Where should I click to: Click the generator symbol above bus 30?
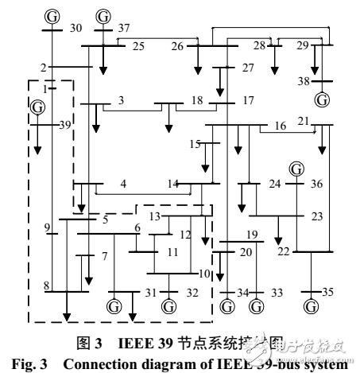click(52, 16)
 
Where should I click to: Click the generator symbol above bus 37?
click(103, 16)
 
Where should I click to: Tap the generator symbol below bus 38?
click(322, 100)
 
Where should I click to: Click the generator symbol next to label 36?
click(296, 169)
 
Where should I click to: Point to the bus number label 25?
click(138, 46)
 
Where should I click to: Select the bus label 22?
click(283, 251)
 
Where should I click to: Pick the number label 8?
click(47, 285)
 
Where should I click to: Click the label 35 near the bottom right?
click(328, 293)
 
